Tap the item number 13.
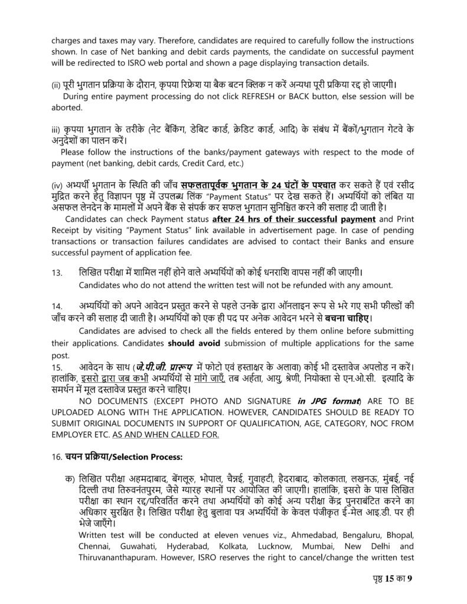[57, 273]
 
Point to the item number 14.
[57, 306]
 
